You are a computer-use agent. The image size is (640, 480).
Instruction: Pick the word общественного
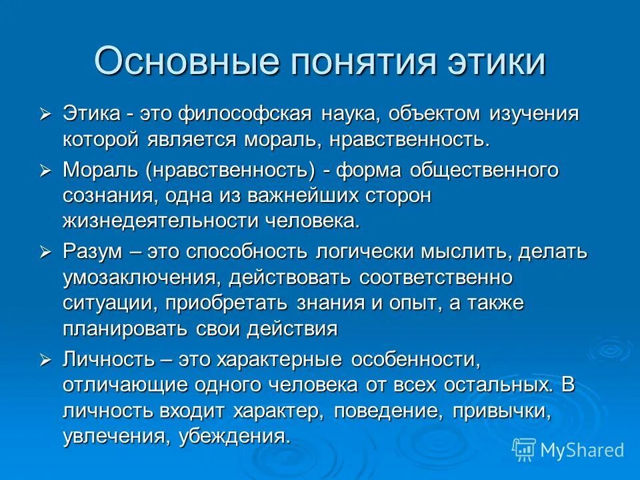click(483, 170)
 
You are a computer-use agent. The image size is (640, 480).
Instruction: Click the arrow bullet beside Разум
click(45, 252)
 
